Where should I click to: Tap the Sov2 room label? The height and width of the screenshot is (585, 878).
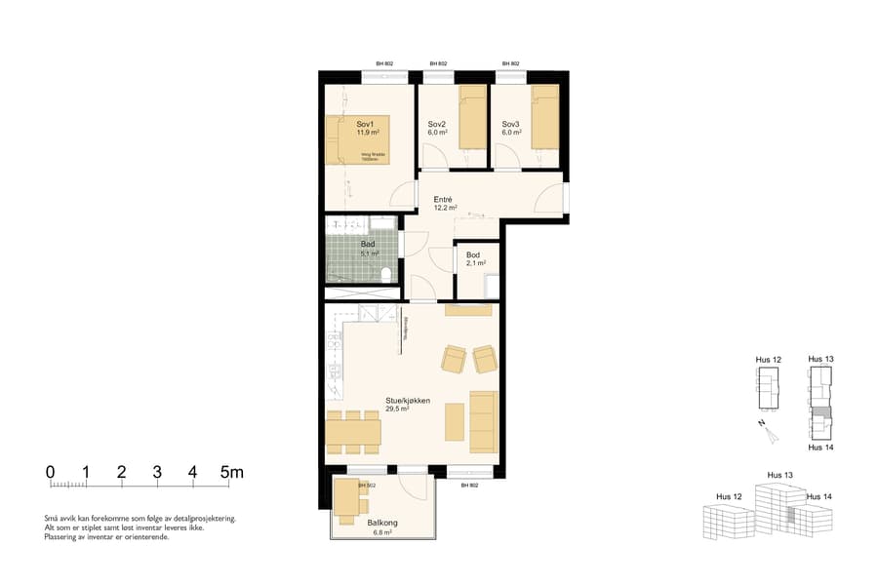coord(437,124)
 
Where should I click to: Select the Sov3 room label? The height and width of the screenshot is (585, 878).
coord(511,124)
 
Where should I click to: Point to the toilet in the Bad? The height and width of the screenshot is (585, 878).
coord(387,272)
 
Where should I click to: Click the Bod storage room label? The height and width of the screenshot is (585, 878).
coord(473,254)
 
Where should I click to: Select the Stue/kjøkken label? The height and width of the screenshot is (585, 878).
coord(408,400)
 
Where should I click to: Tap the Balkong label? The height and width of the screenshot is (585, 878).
coord(381,524)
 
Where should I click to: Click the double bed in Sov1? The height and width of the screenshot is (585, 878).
coord(358,139)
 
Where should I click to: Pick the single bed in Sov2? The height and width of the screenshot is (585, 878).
coord(472,117)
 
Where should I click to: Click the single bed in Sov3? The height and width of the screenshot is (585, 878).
coord(545,117)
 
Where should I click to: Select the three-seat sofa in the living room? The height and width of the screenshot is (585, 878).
coord(483,421)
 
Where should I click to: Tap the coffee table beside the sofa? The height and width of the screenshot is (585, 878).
coord(454,421)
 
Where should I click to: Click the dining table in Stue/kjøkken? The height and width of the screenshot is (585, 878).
coord(352,432)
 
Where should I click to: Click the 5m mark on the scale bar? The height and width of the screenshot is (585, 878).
coord(231,473)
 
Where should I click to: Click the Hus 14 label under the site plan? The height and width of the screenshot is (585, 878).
coord(820,448)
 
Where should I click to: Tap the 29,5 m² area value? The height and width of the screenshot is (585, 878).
coord(397,410)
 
